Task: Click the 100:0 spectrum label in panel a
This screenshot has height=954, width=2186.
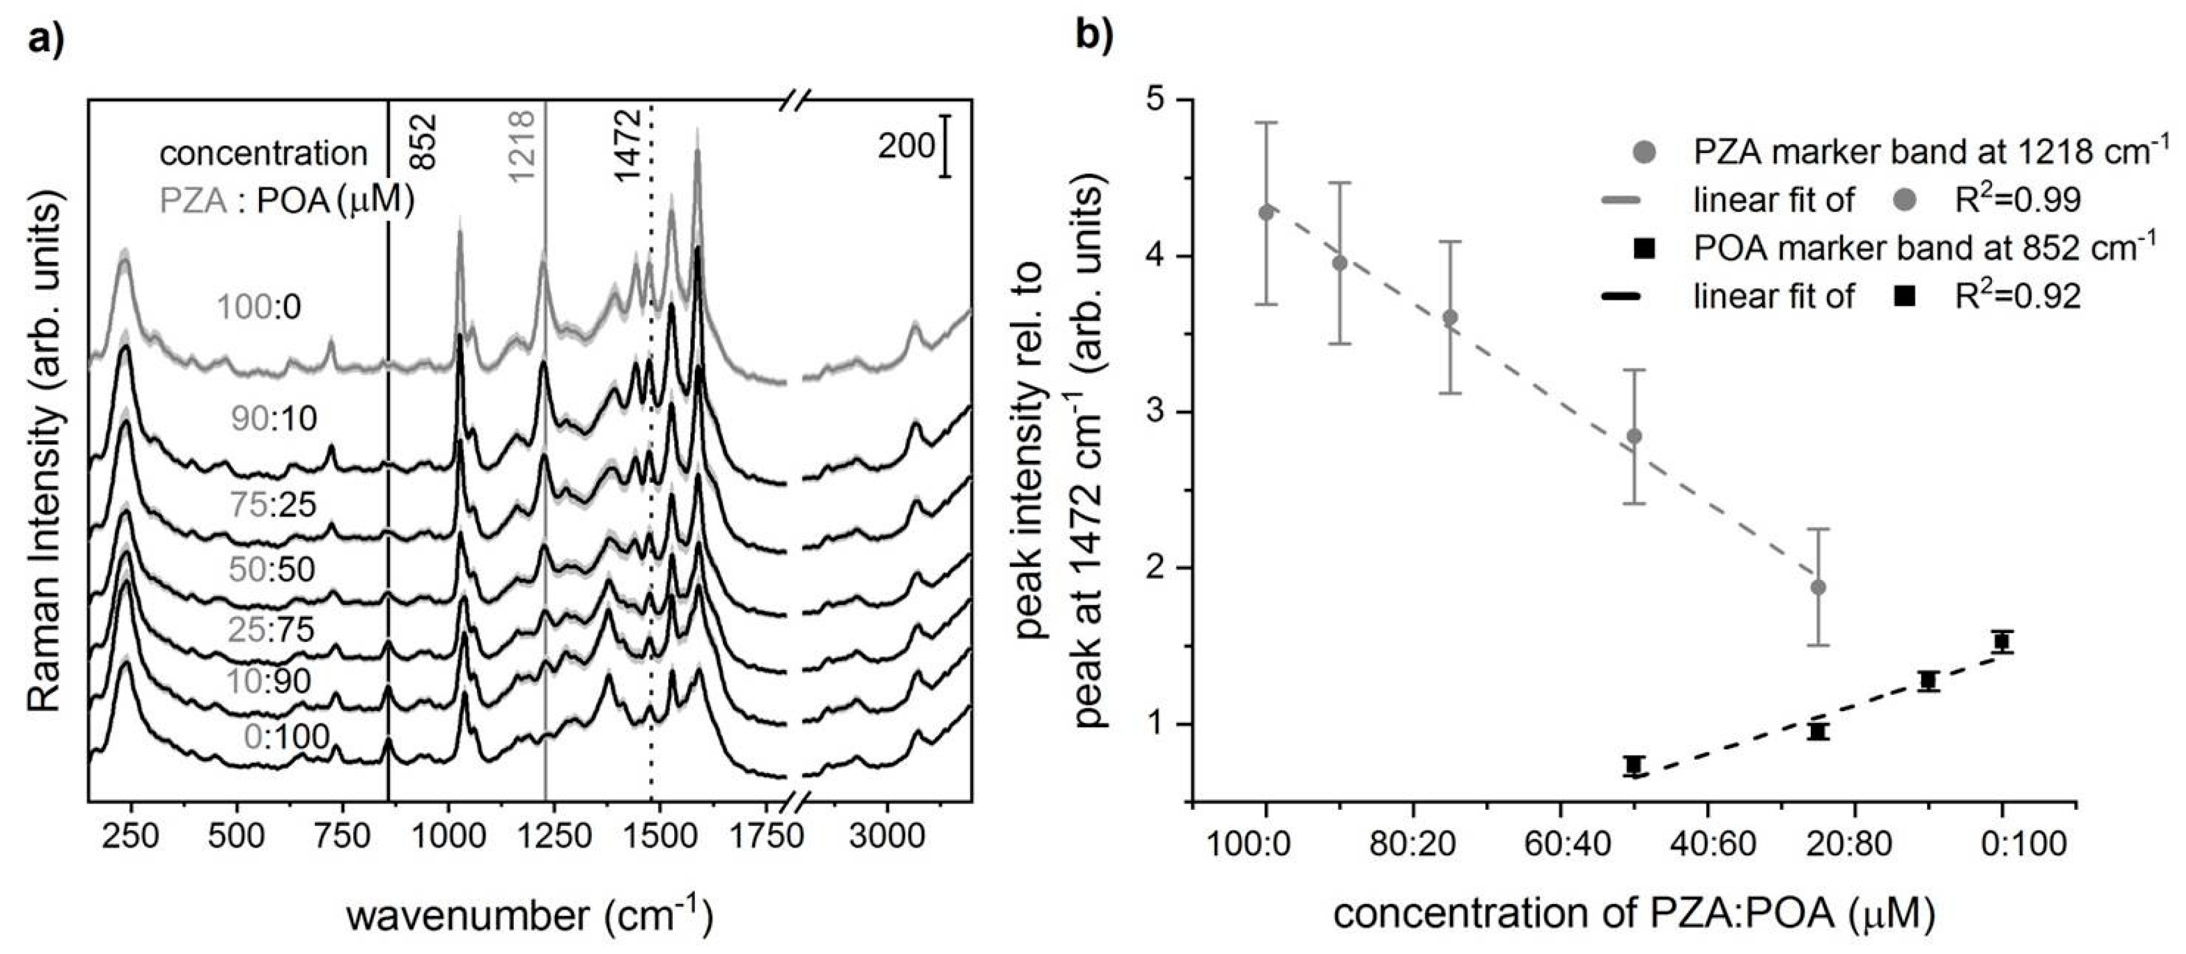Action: tap(260, 307)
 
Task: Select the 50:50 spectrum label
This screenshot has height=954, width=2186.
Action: tap(272, 569)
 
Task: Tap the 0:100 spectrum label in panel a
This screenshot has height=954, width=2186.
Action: tap(286, 736)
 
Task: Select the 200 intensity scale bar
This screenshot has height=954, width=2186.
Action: tap(945, 146)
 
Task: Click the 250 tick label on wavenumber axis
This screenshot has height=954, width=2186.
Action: tap(130, 836)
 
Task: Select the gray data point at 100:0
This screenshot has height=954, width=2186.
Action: tap(1266, 212)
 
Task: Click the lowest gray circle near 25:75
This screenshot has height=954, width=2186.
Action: tap(1818, 588)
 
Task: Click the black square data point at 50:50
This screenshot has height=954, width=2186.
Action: tap(1634, 765)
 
